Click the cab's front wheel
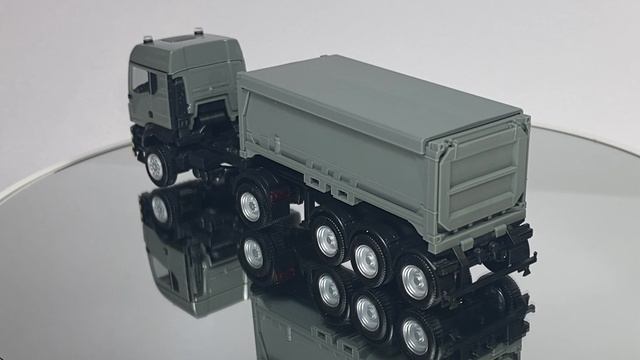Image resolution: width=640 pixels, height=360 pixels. coord(158,166)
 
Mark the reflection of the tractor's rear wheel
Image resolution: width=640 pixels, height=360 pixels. coord(252,254)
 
